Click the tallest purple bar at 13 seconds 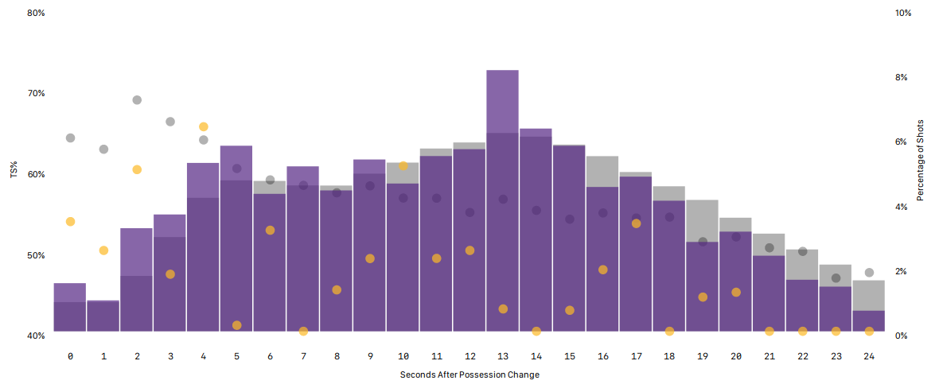pos(502,199)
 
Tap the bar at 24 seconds pos(868,310)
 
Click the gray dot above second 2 pos(137,100)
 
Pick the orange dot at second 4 pos(204,126)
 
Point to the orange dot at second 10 pos(403,166)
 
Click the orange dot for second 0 pos(70,221)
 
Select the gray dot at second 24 pos(869,273)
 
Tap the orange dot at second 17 pos(636,223)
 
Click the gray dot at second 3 pos(170,122)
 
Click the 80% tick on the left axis pos(36,13)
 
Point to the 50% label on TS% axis pos(36,255)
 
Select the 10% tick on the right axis pos(902,13)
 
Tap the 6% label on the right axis pos(901,142)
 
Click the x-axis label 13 pos(502,356)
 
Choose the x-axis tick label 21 pos(769,356)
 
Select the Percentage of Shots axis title pos(921,160)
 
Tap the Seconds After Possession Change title pos(469,374)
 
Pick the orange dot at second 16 pos(602,270)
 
